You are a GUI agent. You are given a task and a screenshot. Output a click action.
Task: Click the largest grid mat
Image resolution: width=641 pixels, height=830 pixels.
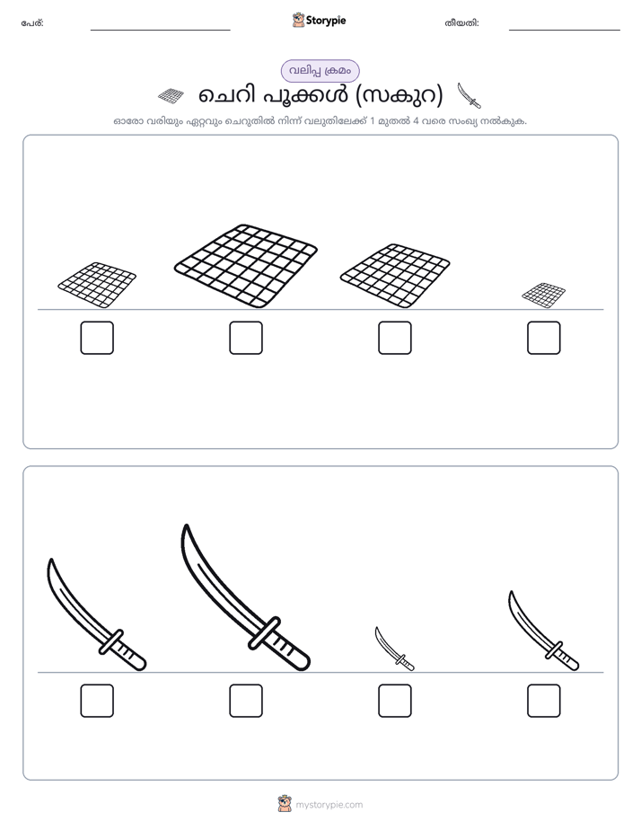point(246,266)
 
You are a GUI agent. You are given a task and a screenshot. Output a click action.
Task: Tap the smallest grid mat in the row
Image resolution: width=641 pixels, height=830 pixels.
point(544,296)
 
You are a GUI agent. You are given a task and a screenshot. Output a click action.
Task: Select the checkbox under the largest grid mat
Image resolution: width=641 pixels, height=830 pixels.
point(246,338)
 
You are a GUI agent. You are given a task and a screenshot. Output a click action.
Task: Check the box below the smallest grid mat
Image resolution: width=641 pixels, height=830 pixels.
point(544,338)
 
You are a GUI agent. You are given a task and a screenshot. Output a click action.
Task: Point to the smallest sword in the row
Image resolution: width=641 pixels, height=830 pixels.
point(394,649)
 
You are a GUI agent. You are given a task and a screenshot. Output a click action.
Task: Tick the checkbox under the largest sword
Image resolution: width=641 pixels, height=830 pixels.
point(246,701)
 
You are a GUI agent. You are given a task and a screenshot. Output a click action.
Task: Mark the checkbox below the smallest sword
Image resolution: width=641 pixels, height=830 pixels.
point(394,701)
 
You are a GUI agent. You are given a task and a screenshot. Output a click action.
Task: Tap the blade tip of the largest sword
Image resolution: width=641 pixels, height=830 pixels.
point(186,525)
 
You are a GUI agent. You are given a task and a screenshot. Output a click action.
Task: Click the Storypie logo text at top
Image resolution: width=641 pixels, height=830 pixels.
point(326,21)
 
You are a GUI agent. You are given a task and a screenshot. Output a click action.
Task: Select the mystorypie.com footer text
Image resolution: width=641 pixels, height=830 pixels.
point(329,805)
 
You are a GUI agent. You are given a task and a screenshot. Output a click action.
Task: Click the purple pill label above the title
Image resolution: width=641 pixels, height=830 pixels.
point(320,71)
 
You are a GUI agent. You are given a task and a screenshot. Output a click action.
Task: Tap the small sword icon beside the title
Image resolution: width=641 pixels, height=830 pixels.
point(470,95)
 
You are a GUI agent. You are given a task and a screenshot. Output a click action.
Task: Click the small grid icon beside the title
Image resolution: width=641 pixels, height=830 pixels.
point(171,96)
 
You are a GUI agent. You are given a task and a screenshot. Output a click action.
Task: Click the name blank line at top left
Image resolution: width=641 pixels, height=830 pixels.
point(160,31)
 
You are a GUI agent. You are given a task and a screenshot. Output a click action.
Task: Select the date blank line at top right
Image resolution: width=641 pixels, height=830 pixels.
point(565,31)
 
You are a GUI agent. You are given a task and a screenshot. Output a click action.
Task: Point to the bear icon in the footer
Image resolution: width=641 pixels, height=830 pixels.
point(285,804)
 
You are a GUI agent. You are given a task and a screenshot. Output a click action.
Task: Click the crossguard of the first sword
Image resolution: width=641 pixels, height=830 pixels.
point(111,641)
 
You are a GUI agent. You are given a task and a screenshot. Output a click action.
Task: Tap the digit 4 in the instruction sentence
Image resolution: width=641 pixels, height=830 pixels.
point(416,121)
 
